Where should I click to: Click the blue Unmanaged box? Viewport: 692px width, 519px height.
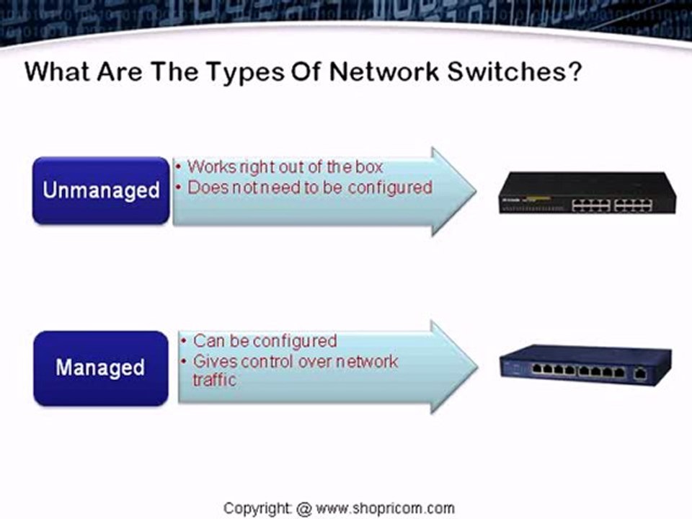coord(101,190)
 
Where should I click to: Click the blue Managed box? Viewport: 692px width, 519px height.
coord(100,368)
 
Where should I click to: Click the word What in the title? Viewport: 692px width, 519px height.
coord(57,73)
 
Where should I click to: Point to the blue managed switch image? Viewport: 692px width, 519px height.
coord(585,365)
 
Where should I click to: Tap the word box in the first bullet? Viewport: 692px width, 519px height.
coord(368,167)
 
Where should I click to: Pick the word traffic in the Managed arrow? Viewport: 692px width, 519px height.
coord(214,380)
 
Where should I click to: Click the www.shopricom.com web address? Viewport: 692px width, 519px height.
coord(386,508)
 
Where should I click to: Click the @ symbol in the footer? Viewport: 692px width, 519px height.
coord(303,508)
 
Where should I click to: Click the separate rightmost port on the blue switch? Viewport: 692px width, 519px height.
coord(639,373)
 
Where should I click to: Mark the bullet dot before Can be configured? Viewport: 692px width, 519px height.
coord(186,341)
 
